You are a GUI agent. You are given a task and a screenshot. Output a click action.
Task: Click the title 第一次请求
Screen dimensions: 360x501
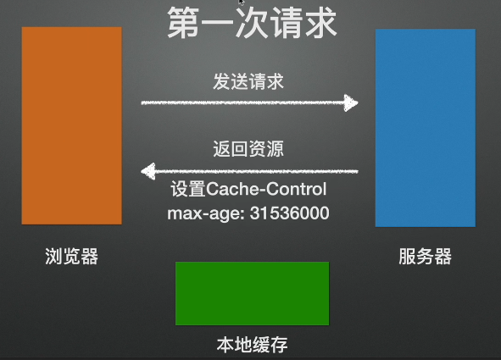252,24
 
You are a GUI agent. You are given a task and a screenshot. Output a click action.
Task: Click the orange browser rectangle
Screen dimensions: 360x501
71,125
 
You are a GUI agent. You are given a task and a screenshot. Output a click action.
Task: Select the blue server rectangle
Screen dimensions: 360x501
425,128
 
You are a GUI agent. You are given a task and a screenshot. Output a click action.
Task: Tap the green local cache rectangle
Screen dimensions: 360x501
252,293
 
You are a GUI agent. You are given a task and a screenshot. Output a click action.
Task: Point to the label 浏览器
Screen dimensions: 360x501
71,256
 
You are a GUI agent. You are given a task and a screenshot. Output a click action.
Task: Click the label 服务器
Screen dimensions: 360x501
425,256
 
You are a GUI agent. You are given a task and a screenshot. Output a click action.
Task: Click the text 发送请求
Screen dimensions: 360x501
248,82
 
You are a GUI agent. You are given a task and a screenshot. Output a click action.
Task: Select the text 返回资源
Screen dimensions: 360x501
248,150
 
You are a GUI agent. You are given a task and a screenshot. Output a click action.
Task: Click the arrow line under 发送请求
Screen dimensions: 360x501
246,103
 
